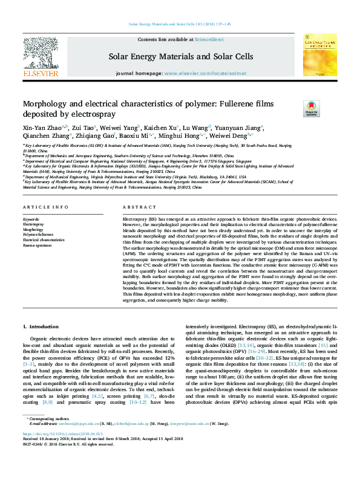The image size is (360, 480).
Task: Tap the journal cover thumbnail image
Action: tap(319, 54)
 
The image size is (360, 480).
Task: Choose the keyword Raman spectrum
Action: tap(38, 245)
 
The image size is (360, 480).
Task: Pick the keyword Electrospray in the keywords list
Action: tap(33, 224)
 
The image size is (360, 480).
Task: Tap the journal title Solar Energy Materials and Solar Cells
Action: tap(180, 56)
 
